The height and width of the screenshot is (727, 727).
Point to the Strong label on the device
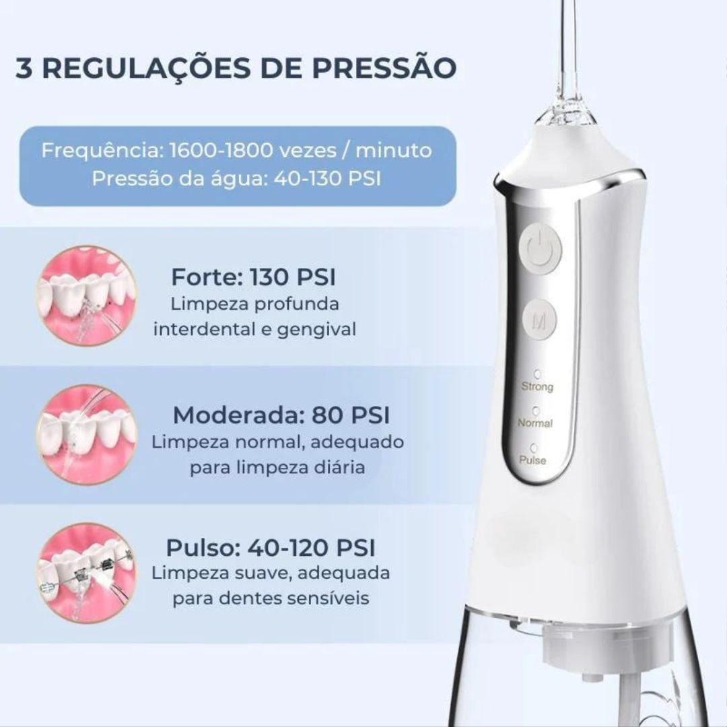(537, 387)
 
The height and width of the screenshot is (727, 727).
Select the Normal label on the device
(535, 423)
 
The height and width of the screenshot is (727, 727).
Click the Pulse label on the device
(533, 460)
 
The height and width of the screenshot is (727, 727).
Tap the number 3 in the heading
(24, 68)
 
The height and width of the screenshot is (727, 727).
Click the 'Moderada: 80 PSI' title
(281, 415)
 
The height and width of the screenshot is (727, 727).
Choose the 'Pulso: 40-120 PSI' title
(273, 547)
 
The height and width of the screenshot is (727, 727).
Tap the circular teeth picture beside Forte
(87, 296)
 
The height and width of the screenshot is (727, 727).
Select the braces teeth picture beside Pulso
(87, 572)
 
